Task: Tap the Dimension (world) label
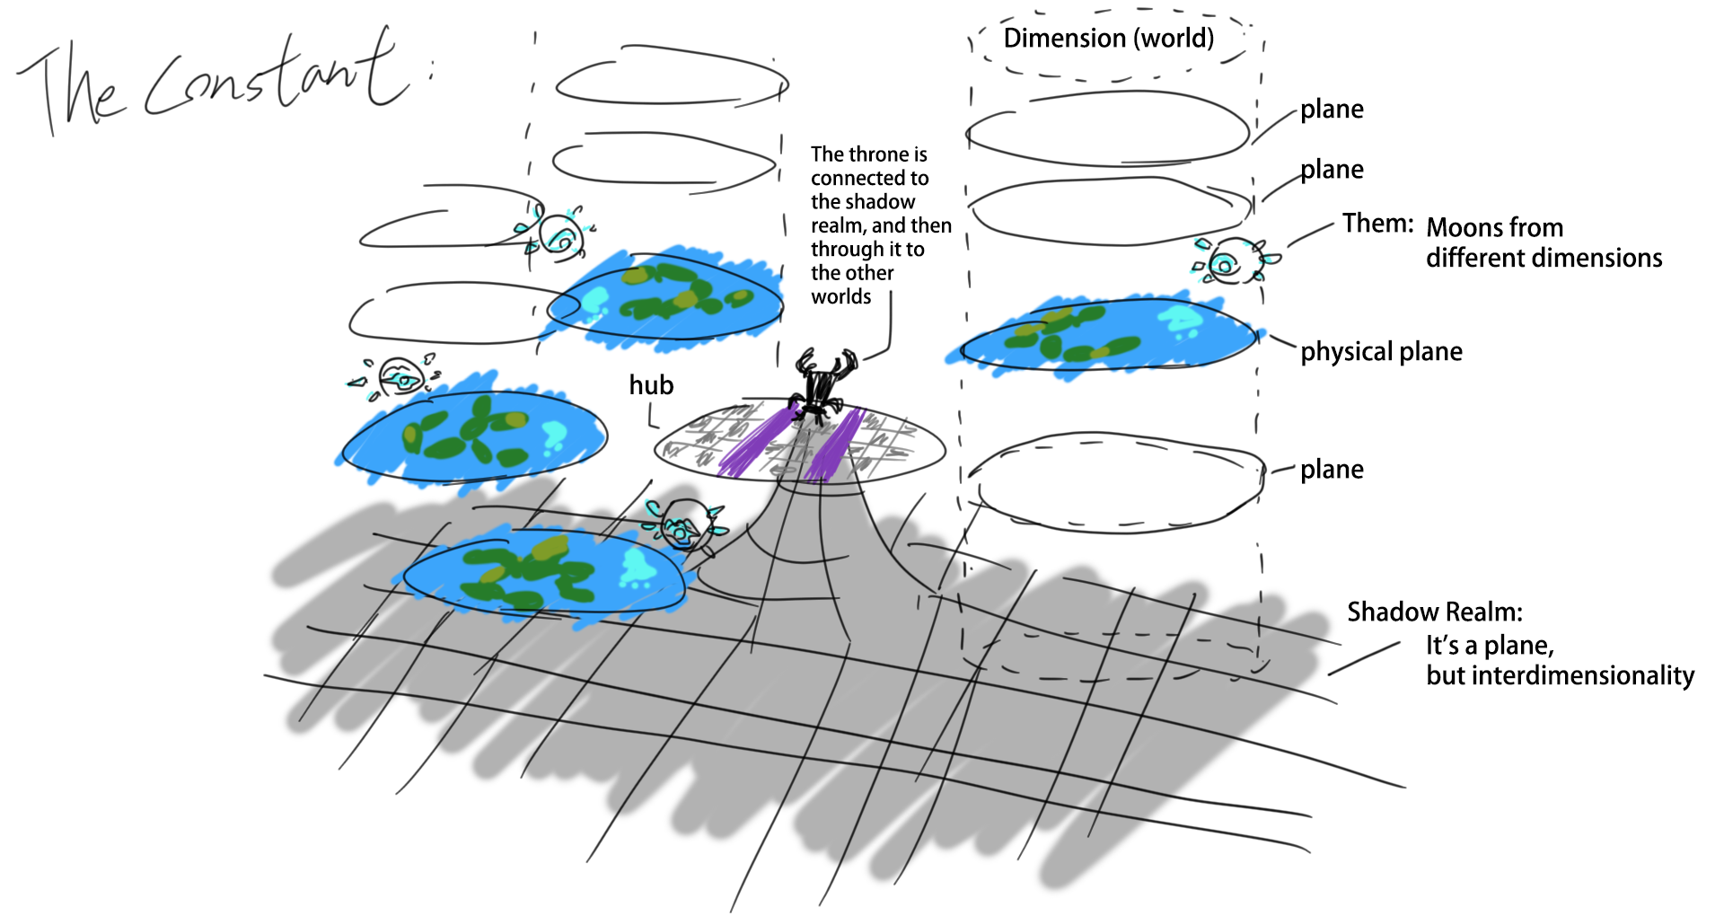point(1108,39)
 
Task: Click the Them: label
point(1377,223)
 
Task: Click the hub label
point(651,385)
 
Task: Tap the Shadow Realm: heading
point(1434,612)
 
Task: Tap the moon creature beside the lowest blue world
point(682,525)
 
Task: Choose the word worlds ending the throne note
point(840,297)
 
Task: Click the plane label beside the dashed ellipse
point(1332,470)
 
